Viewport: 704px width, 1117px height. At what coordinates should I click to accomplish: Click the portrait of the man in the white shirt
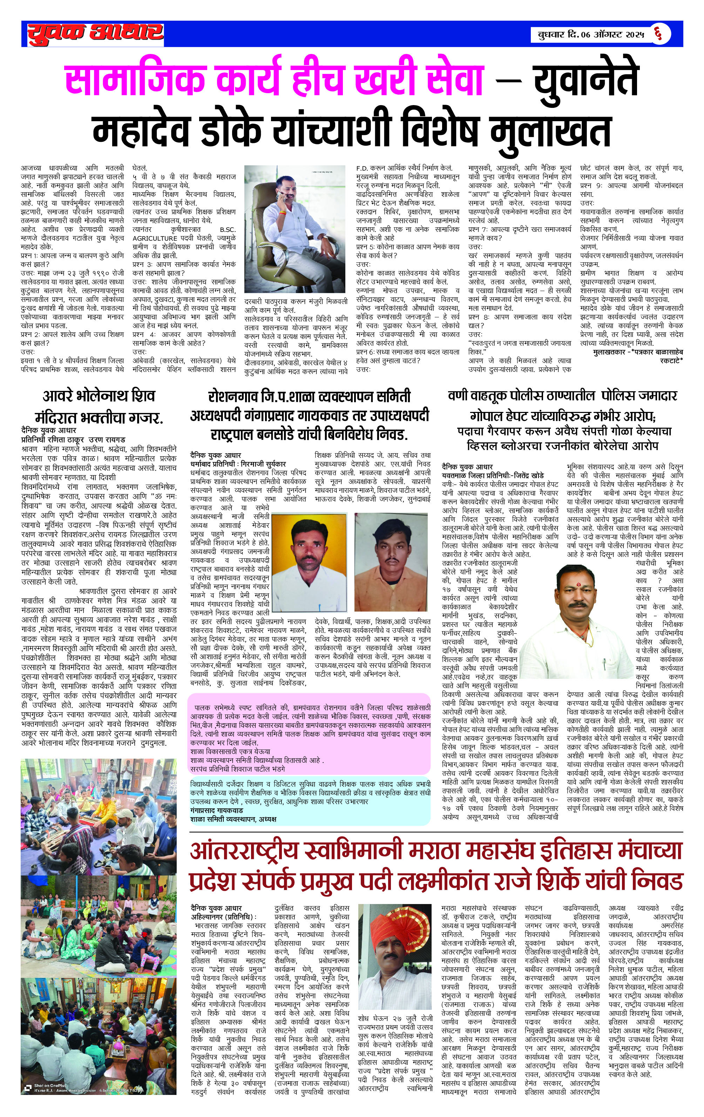[x=309, y=561]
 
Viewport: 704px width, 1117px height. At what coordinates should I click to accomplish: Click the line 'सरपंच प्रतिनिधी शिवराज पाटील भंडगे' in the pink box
[x=237, y=768]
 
